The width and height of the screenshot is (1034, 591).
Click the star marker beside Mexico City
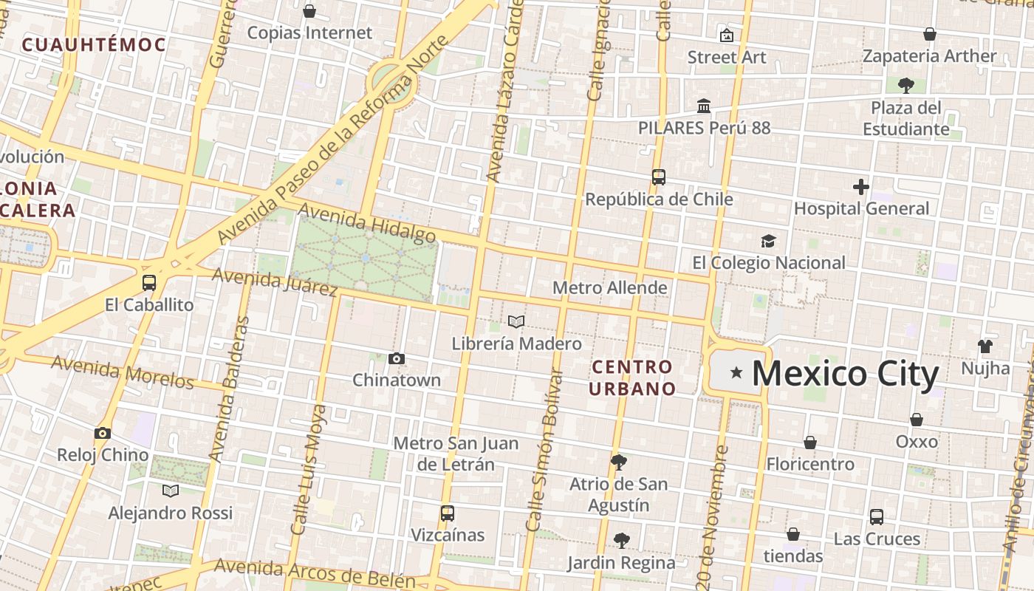click(x=736, y=373)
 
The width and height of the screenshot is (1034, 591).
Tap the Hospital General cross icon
click(x=860, y=187)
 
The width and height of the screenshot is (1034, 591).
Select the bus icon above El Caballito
click(x=149, y=283)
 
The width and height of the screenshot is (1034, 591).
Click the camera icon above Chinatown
click(x=397, y=359)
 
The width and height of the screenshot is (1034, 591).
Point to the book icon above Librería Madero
click(x=516, y=322)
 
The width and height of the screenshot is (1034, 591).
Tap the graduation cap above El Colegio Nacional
click(x=769, y=242)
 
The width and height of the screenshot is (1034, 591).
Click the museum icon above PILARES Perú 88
click(x=704, y=106)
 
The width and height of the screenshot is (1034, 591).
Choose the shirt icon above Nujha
click(x=985, y=346)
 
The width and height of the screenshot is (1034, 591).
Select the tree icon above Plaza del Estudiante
click(x=906, y=86)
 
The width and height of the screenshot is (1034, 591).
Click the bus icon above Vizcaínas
click(x=447, y=513)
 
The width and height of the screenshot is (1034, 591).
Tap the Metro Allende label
click(x=609, y=287)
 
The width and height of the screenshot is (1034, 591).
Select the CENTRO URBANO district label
click(x=632, y=378)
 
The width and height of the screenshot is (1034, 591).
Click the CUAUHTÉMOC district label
click(x=94, y=44)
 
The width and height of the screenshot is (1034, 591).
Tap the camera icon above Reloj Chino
click(x=103, y=434)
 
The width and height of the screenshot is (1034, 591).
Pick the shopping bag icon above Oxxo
click(x=917, y=420)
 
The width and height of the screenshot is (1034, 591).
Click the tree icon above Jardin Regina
click(x=622, y=541)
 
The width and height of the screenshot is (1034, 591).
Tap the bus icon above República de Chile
click(x=659, y=177)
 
